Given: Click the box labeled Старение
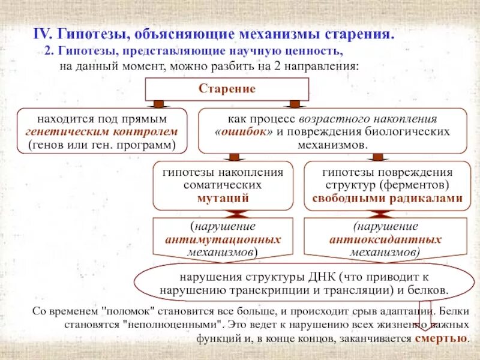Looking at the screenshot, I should point(227,89).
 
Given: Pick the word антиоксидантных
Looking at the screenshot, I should point(385,240).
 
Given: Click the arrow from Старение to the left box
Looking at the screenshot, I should point(159,103).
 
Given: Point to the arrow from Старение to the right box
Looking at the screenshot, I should point(295,103).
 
